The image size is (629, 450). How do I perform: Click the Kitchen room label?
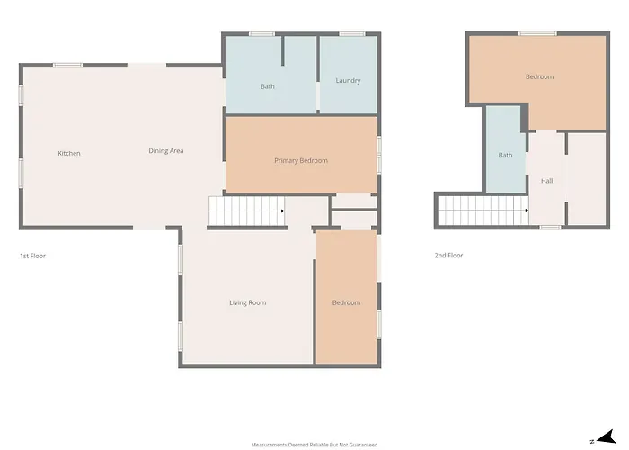click(x=69, y=154)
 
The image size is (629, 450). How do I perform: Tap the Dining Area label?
click(x=166, y=151)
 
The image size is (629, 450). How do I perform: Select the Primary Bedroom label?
click(x=301, y=161)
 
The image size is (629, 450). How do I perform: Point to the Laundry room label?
click(x=348, y=81)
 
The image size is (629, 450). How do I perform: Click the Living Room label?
click(x=247, y=303)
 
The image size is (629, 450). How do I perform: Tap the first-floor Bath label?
click(x=268, y=86)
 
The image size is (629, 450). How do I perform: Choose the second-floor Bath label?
click(x=505, y=155)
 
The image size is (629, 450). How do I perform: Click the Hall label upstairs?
click(x=546, y=181)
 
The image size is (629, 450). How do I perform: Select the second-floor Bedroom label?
click(x=539, y=76)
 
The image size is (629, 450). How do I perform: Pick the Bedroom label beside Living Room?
click(x=346, y=303)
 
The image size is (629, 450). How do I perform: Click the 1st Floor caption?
click(x=33, y=256)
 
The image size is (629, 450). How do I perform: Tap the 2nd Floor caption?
click(x=448, y=256)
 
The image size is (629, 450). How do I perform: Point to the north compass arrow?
click(x=607, y=436)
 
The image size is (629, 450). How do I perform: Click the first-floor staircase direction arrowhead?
click(x=283, y=211)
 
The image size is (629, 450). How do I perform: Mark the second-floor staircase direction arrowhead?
click(x=527, y=211)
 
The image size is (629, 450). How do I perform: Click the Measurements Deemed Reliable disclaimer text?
click(x=314, y=445)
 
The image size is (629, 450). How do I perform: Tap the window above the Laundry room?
click(x=352, y=34)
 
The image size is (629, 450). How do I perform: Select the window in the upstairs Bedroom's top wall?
click(x=537, y=34)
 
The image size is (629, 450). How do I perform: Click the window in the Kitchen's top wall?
click(x=67, y=66)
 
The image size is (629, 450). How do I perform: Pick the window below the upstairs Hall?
click(x=550, y=228)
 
